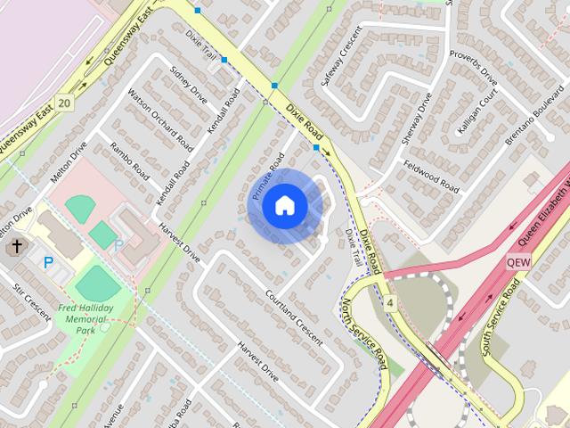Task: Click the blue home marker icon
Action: pyautogui.click(x=284, y=206)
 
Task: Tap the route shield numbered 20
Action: pyautogui.click(x=63, y=103)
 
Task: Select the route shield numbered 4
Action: pyautogui.click(x=390, y=304)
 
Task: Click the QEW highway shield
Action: pyautogui.click(x=517, y=263)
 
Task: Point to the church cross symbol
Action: pyautogui.click(x=17, y=245)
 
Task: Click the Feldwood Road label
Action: pyautogui.click(x=431, y=177)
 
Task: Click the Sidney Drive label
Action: pyautogui.click(x=188, y=85)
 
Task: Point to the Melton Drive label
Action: pyautogui.click(x=69, y=162)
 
